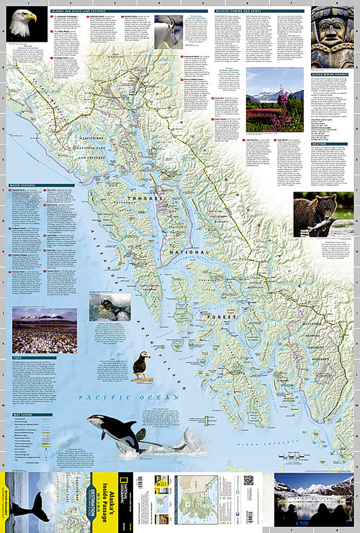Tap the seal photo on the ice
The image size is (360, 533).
coord(109,307)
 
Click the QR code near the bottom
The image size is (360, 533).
coord(248,480)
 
